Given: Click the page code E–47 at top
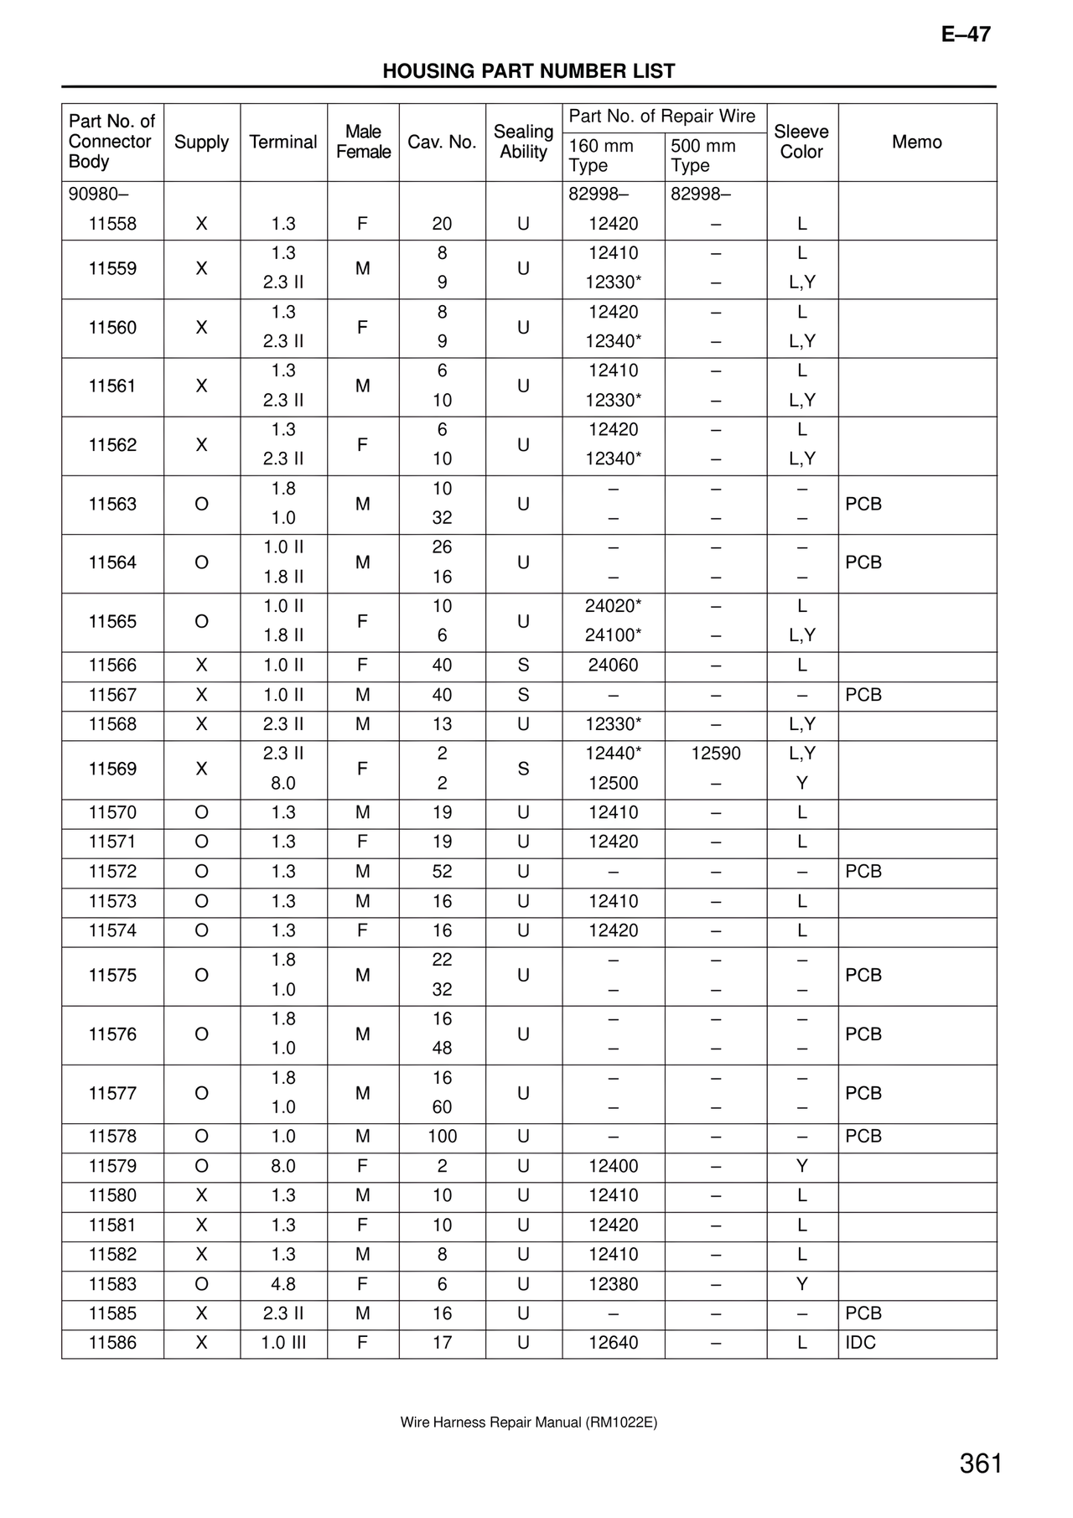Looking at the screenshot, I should pos(966,34).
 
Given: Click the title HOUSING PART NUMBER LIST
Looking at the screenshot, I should pos(528,71).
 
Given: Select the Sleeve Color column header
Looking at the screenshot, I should pos(801,142).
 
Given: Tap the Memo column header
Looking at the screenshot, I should pos(916,142).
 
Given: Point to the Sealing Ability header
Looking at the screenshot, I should pos(523,142).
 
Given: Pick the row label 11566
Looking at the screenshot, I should pos(112,666).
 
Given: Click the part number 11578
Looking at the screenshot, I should pos(112,1137).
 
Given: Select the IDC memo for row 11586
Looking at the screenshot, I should pos(860,1343).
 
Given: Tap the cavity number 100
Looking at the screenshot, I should pos(442,1137).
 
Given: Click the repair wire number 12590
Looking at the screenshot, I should pos(716,754).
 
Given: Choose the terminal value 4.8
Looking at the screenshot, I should pos(283,1284).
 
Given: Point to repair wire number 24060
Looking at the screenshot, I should pos(613,666).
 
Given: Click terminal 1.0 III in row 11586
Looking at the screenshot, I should pos(283,1343).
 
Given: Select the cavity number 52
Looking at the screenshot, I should pos(442,872).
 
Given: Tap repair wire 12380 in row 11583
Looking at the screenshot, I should pos(613,1284).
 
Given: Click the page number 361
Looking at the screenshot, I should pos(981,1464).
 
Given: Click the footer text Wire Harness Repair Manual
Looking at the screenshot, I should pos(528,1422).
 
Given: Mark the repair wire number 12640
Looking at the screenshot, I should pos(613,1343).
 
